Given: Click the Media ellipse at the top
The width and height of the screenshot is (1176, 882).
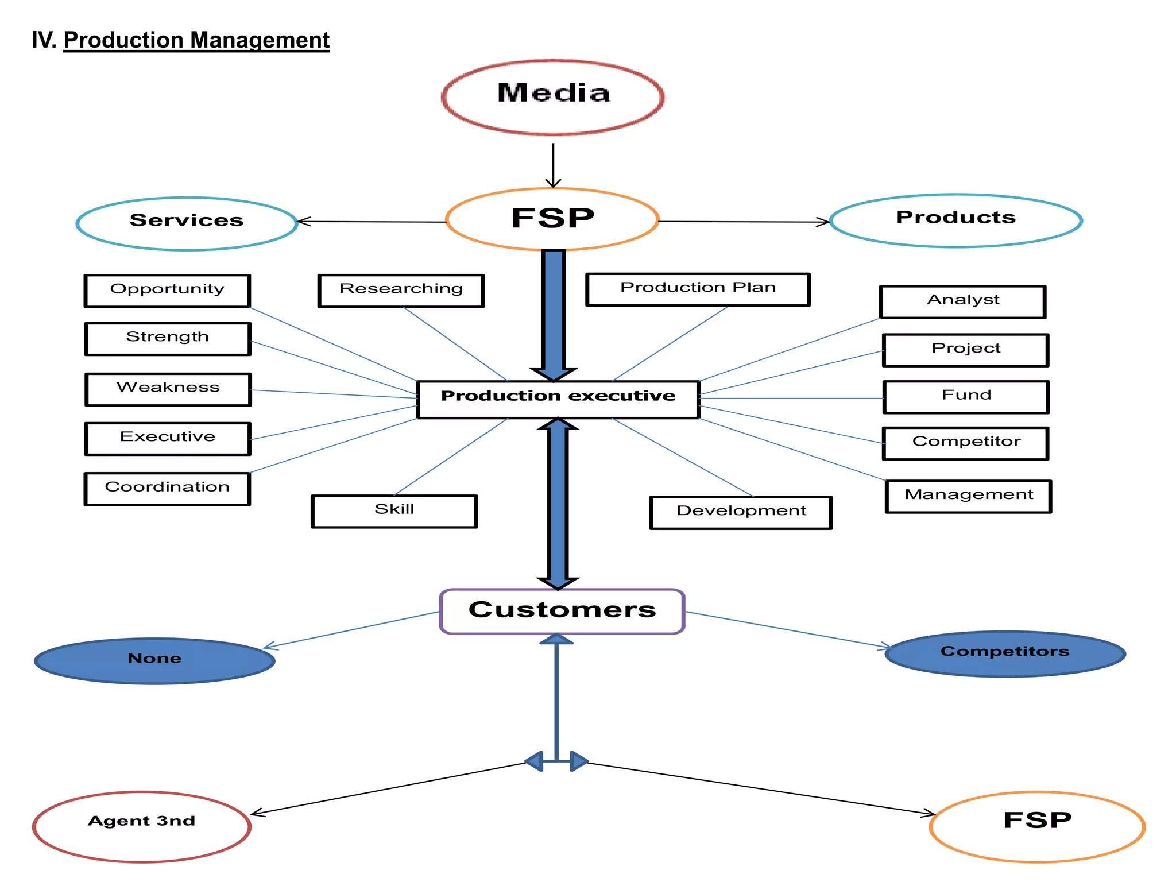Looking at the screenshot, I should pos(553,96).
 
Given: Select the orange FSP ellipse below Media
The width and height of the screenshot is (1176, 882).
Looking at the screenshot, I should pos(552,219).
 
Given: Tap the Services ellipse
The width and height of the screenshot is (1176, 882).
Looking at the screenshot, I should pos(187,223).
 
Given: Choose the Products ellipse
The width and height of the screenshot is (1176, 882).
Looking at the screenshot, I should pos(956,220).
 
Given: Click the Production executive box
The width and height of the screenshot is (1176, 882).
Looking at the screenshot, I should pos(558,399).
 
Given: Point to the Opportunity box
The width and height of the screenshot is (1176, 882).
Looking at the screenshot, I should pos(167,291).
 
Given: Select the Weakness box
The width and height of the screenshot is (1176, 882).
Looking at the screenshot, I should pos(168,389).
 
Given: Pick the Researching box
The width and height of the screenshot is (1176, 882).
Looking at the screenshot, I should pos(401,290).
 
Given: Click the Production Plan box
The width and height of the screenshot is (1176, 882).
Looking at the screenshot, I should pos(698,289).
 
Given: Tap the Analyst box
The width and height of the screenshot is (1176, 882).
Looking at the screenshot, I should pos(963,301).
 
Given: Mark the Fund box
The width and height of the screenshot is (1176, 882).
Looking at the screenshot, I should pos(966,396).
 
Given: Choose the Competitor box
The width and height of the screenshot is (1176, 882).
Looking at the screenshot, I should pos(966,443).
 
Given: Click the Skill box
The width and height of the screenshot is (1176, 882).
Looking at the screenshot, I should pos(394,510).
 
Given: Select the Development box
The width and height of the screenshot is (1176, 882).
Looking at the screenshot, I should pos(741,512).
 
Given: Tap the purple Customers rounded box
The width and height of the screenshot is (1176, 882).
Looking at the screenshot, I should pos(562,611).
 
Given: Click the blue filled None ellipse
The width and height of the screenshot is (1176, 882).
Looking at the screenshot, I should pos(154,660).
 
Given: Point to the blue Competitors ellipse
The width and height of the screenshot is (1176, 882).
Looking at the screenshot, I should pos(1005,653).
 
